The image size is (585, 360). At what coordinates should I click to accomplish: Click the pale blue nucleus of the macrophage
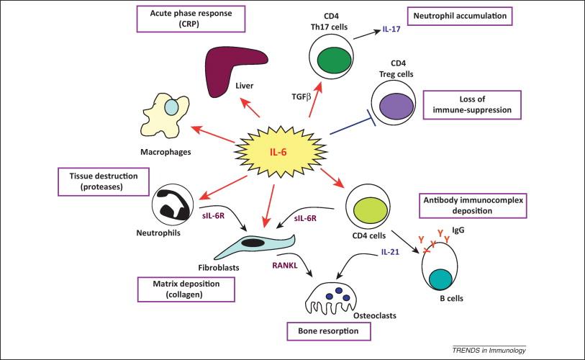(171, 107)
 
